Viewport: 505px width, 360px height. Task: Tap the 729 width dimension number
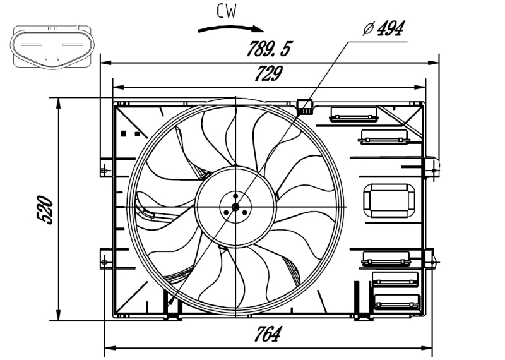[x=268, y=75]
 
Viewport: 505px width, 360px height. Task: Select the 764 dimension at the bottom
[x=268, y=335]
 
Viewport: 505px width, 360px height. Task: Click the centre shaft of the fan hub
[x=235, y=207]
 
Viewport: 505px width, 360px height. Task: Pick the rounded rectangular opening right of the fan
[x=389, y=201]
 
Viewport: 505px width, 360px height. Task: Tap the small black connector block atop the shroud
[x=306, y=107]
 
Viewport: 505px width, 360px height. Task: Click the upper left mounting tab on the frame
[x=105, y=169]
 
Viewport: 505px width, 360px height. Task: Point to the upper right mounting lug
[x=433, y=167]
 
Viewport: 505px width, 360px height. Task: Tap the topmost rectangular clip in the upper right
[x=353, y=114]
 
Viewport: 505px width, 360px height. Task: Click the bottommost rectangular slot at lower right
[x=396, y=301]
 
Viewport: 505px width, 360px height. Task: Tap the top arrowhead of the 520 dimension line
[x=58, y=102]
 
